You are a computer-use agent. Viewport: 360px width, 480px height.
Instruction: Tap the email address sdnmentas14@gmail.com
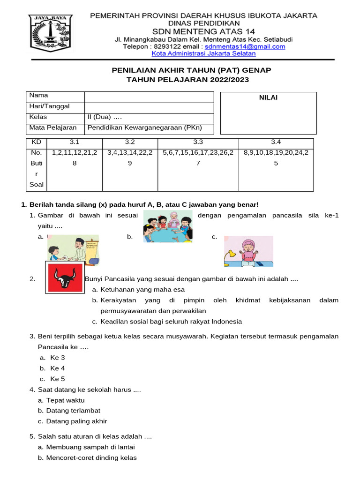(x=245, y=46)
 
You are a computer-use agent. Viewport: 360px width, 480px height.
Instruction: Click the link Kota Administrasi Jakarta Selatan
(x=203, y=53)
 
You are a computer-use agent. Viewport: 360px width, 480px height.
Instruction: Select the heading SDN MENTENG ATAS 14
(x=203, y=31)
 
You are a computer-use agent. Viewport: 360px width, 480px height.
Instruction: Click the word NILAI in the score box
(x=268, y=97)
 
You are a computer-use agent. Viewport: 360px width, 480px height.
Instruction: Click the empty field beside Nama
(x=149, y=97)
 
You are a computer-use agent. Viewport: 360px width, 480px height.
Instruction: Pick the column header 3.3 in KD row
(x=198, y=142)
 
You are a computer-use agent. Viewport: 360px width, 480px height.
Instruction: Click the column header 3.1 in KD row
(x=75, y=142)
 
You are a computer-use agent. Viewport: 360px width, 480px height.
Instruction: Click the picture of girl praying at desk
(x=248, y=252)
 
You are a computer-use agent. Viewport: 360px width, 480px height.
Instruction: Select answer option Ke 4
(x=58, y=368)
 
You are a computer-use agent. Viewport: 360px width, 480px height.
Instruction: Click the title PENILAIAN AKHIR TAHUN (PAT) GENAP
(x=191, y=70)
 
